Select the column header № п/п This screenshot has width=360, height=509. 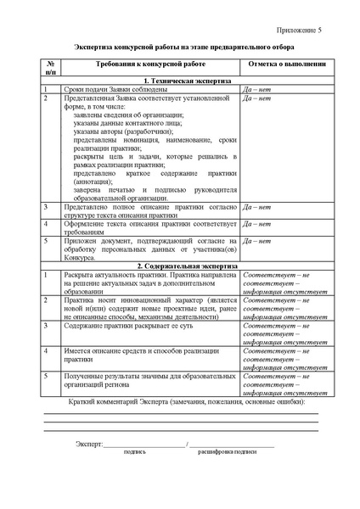click(51, 68)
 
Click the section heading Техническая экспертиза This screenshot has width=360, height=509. click(180, 81)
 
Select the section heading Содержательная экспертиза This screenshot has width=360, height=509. click(180, 266)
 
